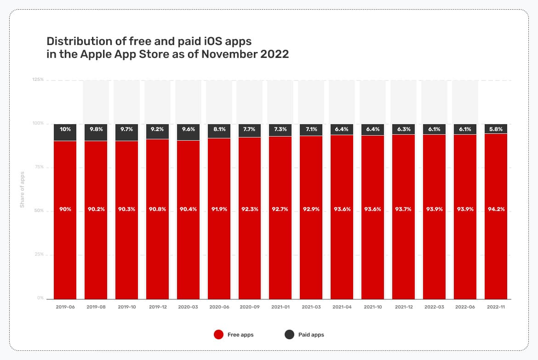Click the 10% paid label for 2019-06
[x=65, y=130]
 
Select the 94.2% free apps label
[x=496, y=209]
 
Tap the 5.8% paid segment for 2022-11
[x=496, y=129]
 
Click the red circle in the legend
[x=219, y=335]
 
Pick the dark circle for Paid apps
[x=289, y=335]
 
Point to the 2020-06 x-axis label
[x=219, y=307]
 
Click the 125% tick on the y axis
[x=38, y=80]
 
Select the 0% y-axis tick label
[x=40, y=298]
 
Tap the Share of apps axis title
[x=22, y=189]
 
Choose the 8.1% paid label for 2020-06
[x=219, y=130]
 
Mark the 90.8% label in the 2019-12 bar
[x=157, y=209]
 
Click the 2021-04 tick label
[x=342, y=307]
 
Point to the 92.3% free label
[x=250, y=209]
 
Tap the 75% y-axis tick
[x=39, y=167]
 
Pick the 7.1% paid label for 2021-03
[x=311, y=130]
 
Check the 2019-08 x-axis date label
[x=96, y=307]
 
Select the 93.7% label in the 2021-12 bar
[x=403, y=209]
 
